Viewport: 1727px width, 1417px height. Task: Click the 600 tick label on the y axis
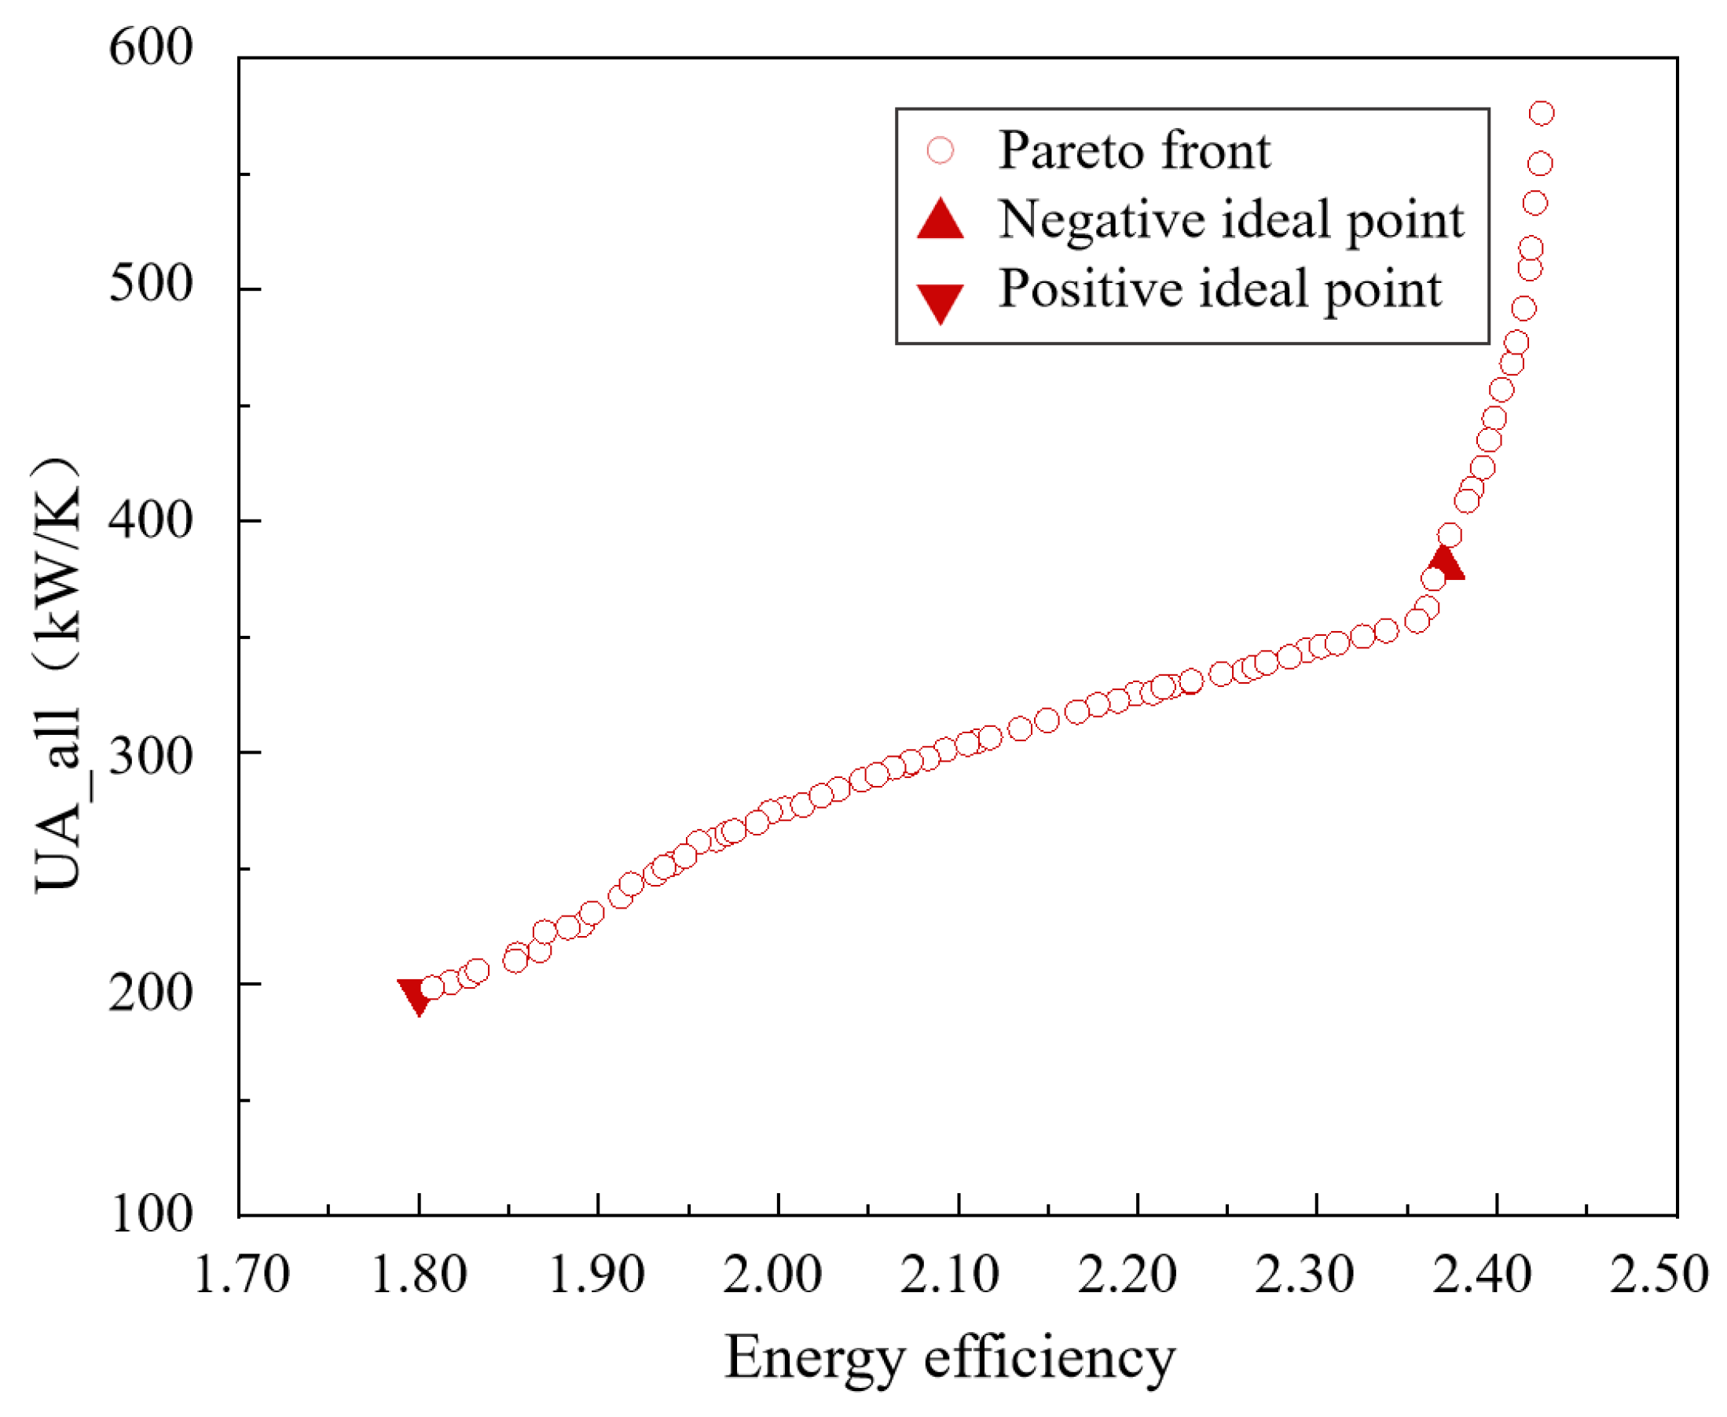click(x=151, y=47)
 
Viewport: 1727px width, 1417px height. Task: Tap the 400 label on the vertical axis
click(x=151, y=519)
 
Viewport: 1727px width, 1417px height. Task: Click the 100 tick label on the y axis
click(x=151, y=1213)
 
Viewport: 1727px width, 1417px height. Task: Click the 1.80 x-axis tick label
click(x=419, y=1274)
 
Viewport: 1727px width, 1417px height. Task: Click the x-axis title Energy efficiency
click(x=950, y=1358)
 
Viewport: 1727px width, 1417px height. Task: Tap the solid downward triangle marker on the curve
click(x=416, y=995)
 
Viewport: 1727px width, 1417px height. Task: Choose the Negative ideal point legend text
click(x=1230, y=219)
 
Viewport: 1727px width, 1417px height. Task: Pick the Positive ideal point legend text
click(x=1220, y=289)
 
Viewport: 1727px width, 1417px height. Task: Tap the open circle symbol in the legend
click(x=940, y=150)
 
